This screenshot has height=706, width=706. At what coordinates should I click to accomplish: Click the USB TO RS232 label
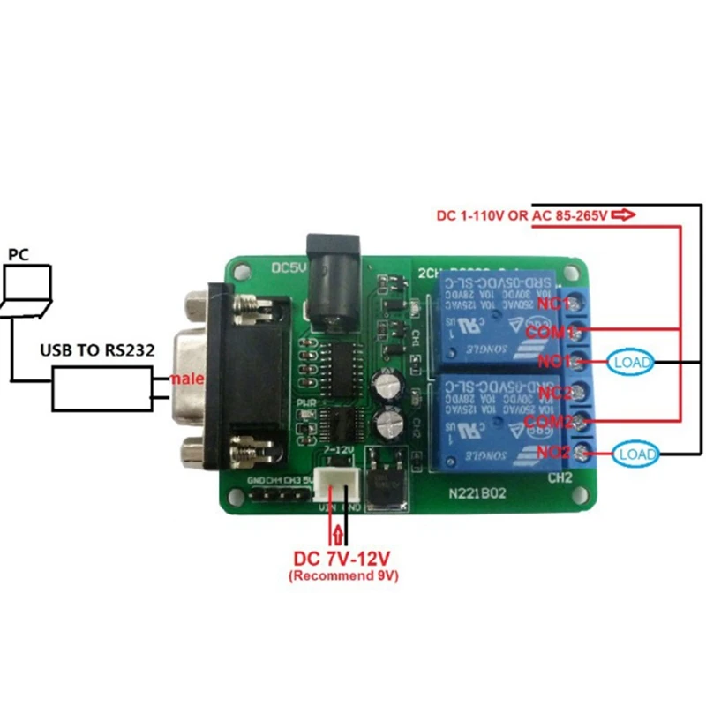click(x=97, y=350)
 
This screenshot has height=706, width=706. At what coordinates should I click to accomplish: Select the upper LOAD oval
click(x=630, y=362)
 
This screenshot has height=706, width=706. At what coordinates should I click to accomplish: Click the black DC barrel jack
click(x=332, y=274)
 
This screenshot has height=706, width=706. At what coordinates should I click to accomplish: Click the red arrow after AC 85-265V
click(x=623, y=214)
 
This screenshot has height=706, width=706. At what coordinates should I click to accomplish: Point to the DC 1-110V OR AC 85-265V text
click(x=522, y=215)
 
